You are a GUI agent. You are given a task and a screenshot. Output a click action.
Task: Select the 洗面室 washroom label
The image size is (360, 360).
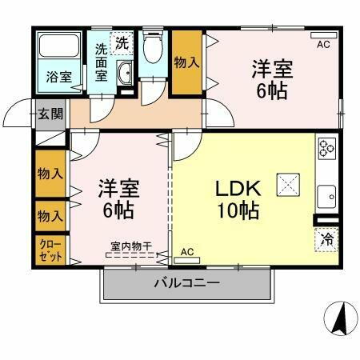tap(102, 61)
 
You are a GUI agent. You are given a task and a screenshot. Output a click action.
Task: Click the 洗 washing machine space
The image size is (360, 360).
tap(121, 42)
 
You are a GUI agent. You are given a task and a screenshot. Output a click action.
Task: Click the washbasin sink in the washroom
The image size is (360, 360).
tap(125, 77)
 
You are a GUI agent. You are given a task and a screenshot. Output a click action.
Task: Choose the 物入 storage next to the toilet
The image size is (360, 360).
tap(186, 62)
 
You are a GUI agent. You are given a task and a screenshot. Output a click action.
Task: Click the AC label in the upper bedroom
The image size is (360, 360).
tap(323, 44)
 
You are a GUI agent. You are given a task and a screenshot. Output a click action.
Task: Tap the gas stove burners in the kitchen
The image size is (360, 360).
tap(326, 148)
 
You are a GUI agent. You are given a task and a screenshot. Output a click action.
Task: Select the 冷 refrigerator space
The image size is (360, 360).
tap(326, 238)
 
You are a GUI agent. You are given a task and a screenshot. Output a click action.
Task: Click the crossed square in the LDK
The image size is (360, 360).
tap(287, 184)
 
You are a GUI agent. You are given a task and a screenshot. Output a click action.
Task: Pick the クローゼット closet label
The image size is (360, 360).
tap(50, 250)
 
